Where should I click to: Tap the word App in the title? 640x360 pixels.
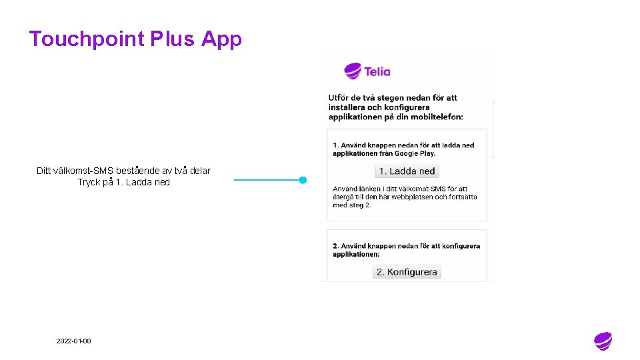click(221, 39)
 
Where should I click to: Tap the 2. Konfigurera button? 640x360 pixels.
click(407, 272)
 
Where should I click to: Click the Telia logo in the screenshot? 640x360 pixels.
click(367, 71)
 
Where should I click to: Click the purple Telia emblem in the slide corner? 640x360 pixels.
click(603, 341)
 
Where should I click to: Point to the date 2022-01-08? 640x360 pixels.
click(74, 341)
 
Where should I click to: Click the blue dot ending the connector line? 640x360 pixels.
click(303, 180)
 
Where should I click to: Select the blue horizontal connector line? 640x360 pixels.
click(267, 180)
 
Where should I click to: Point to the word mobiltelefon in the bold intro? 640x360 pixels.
click(434, 117)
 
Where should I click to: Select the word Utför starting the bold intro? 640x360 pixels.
click(338, 97)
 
